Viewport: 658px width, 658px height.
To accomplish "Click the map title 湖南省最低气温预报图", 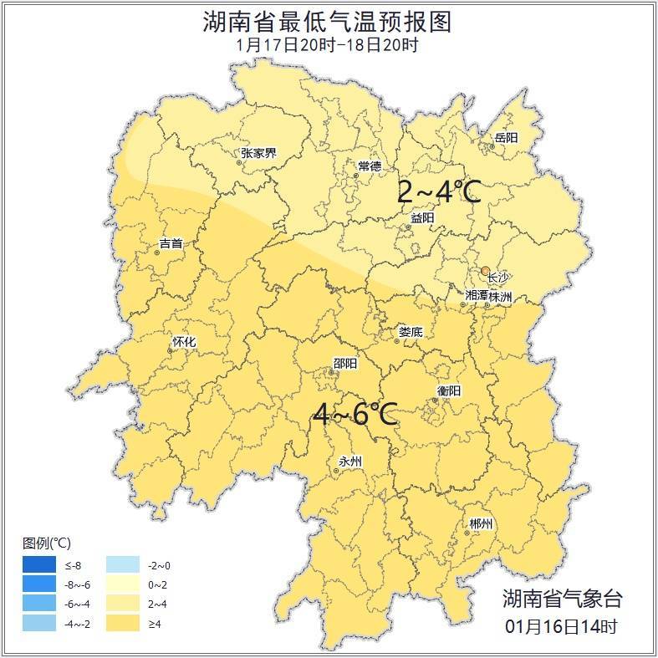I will coord(328,22).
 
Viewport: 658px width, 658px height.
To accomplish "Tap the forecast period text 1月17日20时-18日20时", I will coord(328,44).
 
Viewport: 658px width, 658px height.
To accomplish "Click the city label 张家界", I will coord(258,153).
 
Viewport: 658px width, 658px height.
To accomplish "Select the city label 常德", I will coord(369,166).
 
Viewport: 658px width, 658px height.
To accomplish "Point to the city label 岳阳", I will coord(506,138).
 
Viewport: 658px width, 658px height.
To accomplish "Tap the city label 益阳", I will coord(422,217).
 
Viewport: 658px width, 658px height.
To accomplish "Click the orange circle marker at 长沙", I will coord(485,270).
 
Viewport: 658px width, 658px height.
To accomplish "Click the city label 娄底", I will coord(410,332).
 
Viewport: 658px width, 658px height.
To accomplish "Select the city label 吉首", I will coord(171,244).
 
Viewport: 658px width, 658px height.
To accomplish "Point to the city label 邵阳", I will coord(344,363).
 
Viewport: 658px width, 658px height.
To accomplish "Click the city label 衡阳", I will coord(449,390).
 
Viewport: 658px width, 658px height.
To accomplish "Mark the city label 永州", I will coord(349,462).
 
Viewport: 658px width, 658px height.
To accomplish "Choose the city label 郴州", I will coord(481,523).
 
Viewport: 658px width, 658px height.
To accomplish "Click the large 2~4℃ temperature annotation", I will coord(438,192).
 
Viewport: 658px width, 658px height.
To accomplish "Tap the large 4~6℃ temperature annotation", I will coord(355,413).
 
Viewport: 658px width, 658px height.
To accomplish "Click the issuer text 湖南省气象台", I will coord(562,598).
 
